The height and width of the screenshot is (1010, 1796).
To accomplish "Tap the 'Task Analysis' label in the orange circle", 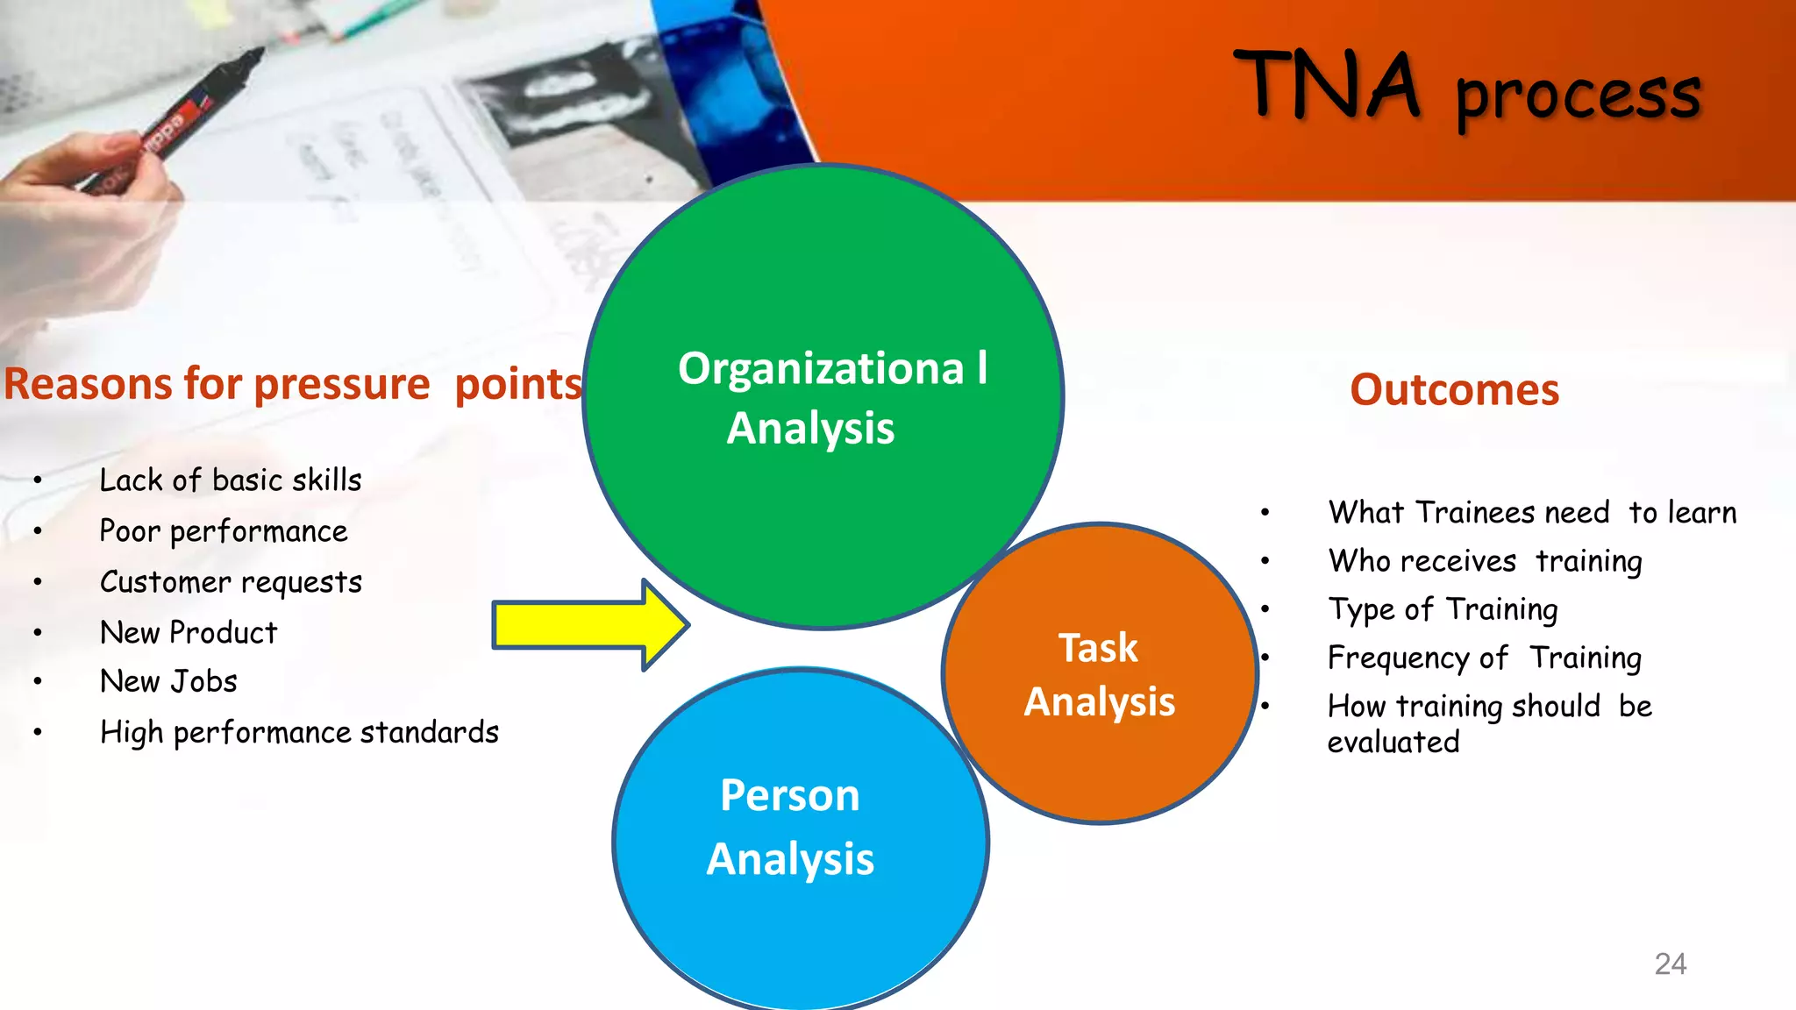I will point(1099,674).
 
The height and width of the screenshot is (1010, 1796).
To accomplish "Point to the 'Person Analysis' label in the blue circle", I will point(790,827).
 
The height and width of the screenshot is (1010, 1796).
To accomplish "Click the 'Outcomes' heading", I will point(1454,389).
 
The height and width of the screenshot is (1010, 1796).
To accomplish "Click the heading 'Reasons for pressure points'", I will point(293,384).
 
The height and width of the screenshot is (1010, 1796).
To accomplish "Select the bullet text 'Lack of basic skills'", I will point(230,480).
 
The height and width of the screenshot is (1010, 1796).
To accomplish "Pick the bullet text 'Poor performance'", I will point(224,531).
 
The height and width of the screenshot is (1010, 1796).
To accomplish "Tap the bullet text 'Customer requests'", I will point(231,582).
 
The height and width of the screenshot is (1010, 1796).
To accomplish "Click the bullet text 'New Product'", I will point(189,633).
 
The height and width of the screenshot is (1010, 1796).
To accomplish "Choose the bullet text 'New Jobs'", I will point(168,682).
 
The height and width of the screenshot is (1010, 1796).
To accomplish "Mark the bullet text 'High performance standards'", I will point(299,733).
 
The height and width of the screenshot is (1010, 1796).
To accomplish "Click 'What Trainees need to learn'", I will point(1532,513).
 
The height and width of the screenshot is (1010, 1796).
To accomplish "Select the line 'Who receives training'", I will point(1485,561).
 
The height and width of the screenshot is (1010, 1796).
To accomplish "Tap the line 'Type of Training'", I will point(1443,609).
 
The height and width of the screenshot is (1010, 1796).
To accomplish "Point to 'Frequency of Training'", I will point(1484,658).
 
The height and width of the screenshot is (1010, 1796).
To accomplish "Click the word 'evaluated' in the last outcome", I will point(1393,743).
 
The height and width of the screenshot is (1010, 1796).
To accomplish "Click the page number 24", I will point(1670,964).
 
